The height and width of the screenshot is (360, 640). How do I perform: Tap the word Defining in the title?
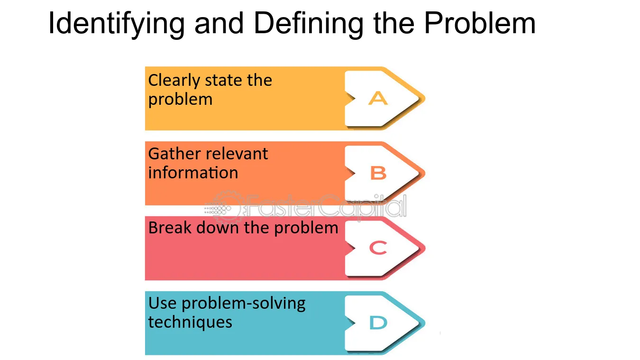(x=308, y=25)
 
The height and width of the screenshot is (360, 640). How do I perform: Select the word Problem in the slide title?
(x=479, y=23)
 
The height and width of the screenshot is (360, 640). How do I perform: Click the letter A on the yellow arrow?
(x=378, y=98)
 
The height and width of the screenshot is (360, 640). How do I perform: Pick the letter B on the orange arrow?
(x=378, y=173)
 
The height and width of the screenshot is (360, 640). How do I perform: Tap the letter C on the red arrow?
(x=378, y=248)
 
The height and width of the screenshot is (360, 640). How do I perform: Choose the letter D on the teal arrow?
(x=378, y=323)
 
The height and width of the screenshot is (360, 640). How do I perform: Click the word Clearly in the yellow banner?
(x=174, y=81)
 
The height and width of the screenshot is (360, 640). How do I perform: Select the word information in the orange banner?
(x=193, y=173)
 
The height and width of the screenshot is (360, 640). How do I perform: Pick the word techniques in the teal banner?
(x=190, y=323)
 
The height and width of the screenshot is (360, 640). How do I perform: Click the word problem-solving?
(x=243, y=304)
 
